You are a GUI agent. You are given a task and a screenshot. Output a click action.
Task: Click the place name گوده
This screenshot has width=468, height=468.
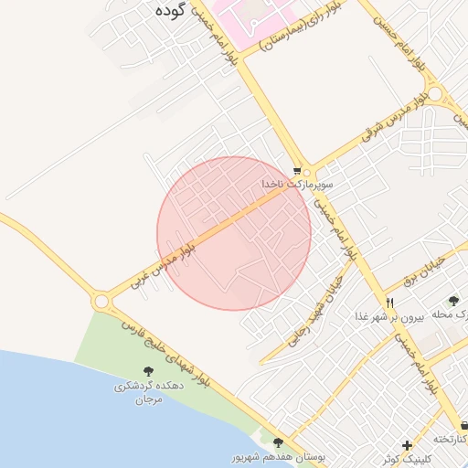(x=171, y=11)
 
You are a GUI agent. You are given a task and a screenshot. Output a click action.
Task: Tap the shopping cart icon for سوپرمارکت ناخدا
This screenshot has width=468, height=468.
(x=297, y=171)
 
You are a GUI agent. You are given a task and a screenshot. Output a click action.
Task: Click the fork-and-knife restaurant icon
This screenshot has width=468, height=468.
(x=389, y=303)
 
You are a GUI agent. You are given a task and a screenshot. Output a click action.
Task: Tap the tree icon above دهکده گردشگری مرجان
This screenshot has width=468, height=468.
(x=148, y=370)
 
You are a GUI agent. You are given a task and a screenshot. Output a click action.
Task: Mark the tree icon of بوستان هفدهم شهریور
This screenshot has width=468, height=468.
(x=279, y=443)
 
